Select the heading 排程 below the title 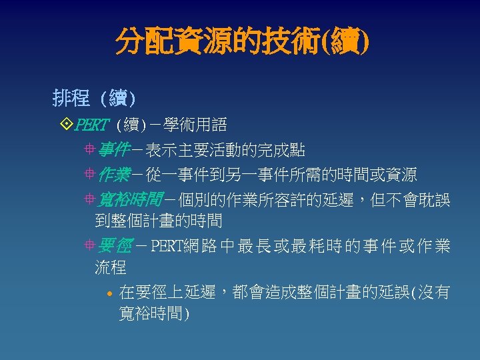coord(71,99)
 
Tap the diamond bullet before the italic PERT coord(65,124)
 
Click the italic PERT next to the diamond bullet coord(91,125)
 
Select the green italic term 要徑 coord(113,246)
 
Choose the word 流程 coord(111,268)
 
